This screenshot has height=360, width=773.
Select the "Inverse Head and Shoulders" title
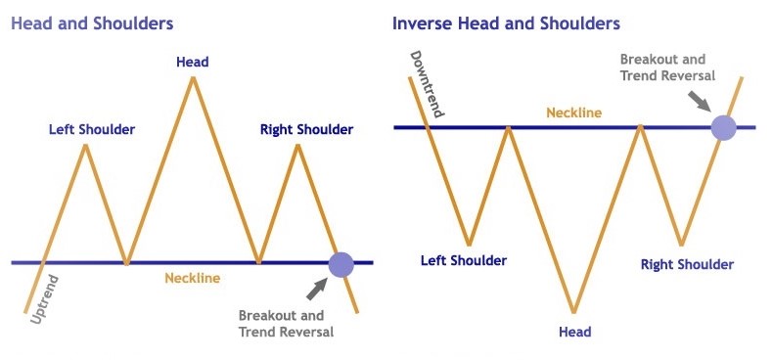coord(505,22)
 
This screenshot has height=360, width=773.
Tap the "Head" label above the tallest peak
coord(193,62)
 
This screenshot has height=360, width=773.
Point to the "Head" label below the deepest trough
coord(574,332)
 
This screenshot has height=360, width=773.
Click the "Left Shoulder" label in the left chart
coord(92,129)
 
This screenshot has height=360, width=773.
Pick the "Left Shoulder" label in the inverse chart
coord(464,260)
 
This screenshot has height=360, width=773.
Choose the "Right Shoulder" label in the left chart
coord(306,129)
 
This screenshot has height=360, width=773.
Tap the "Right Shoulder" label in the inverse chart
coord(686,264)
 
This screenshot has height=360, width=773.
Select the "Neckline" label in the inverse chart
coord(573,112)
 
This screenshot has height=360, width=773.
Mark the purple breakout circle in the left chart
coord(341,264)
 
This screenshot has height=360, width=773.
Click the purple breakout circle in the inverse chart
coord(723,127)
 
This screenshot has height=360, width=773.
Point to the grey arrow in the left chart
coord(317,289)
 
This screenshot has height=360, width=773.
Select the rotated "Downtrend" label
coord(427,84)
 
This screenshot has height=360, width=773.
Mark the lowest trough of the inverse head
coord(574,312)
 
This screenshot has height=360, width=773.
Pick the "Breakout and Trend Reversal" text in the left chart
coord(286,324)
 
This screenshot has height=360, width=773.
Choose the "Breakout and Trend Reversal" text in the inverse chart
coord(668,67)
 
